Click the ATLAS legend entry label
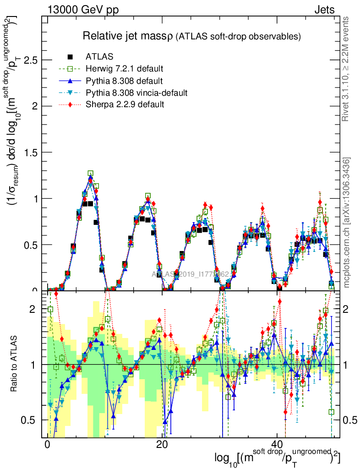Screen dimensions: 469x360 [99, 57]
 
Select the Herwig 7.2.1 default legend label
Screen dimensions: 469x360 [124, 69]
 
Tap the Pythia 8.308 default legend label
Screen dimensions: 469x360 [124, 81]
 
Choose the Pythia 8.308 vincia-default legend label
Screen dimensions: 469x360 [136, 93]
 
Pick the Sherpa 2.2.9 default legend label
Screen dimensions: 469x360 [125, 105]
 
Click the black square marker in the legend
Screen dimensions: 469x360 [71, 57]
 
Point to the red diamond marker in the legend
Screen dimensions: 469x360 [71, 105]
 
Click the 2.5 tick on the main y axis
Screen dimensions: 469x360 [31, 60]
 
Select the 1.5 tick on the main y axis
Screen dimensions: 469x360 [31, 153]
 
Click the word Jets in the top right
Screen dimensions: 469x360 [324, 10]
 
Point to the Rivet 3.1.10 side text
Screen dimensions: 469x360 [347, 69]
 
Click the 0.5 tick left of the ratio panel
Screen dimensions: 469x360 [31, 420]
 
